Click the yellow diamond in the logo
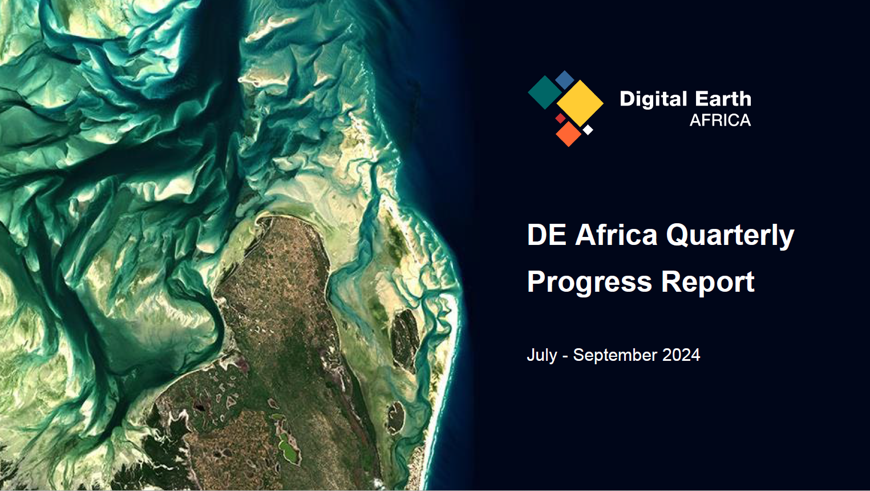pos(580,103)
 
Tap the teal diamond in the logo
pos(545,92)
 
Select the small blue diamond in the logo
pos(564,80)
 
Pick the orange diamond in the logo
pos(569,134)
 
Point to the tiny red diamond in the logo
pos(560,118)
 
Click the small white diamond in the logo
pos(588,130)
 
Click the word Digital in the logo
pos(654,99)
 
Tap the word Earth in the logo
pos(723,99)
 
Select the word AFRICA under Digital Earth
pos(721,120)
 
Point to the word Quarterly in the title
pos(730,236)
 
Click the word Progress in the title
pos(589,283)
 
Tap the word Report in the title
pos(707,282)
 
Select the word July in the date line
pos(542,356)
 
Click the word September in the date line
pos(615,356)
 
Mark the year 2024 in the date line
pos(681,355)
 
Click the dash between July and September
pos(565,356)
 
